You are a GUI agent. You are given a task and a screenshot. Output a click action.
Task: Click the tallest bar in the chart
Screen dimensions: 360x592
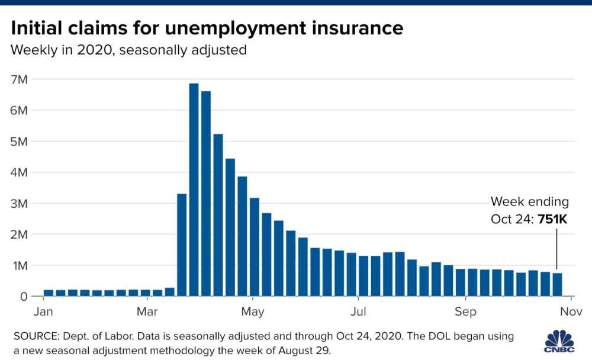[194, 189]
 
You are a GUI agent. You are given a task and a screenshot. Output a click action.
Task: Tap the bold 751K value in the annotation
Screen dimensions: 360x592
[552, 219]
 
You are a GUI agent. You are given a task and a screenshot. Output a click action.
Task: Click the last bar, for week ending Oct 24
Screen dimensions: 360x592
[557, 284]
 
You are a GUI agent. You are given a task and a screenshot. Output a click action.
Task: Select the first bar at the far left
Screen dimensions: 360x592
[49, 292]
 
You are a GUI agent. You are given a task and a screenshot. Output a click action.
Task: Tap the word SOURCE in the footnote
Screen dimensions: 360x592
[35, 336]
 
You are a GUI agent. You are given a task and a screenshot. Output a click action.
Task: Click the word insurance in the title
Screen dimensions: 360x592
[356, 28]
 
